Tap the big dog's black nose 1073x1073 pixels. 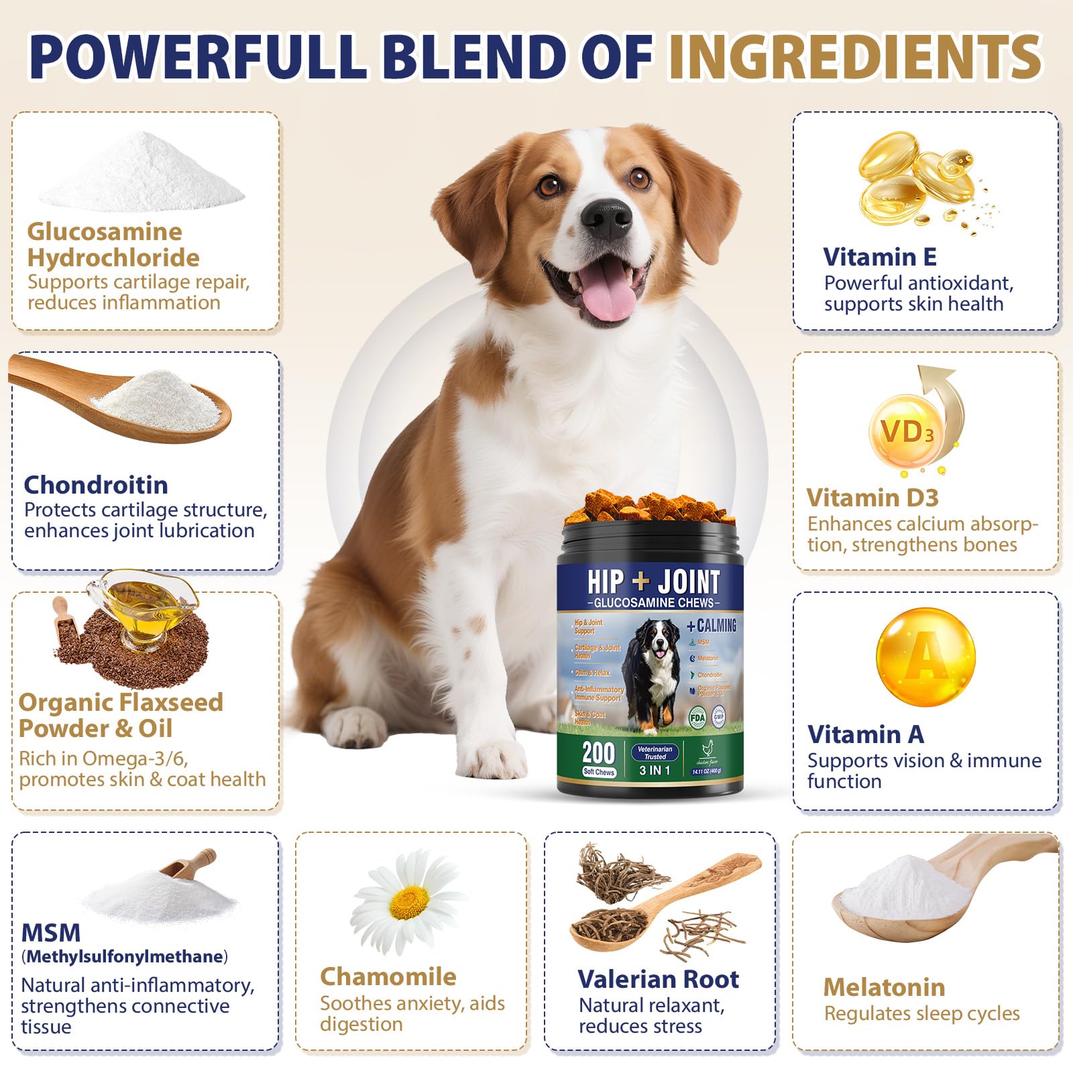pyautogui.click(x=606, y=218)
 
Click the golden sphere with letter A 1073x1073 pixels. pyautogui.click(x=925, y=657)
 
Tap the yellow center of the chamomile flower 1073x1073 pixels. pyautogui.click(x=409, y=902)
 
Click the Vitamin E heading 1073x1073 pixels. pyautogui.click(x=880, y=257)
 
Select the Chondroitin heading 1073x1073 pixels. pyautogui.click(x=96, y=484)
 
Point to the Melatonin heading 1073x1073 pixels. pyautogui.click(x=884, y=986)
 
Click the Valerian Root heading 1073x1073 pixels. pyautogui.click(x=658, y=979)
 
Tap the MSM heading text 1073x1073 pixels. pyautogui.click(x=51, y=932)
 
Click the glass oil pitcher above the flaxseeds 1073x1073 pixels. pyautogui.click(x=144, y=607)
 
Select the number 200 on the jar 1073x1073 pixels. pyautogui.click(x=598, y=752)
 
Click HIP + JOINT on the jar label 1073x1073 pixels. pyautogui.click(x=653, y=581)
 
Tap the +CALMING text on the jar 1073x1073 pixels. pyautogui.click(x=712, y=626)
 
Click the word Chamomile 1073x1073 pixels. pyautogui.click(x=388, y=976)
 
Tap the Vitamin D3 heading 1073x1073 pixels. pyautogui.click(x=872, y=498)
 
